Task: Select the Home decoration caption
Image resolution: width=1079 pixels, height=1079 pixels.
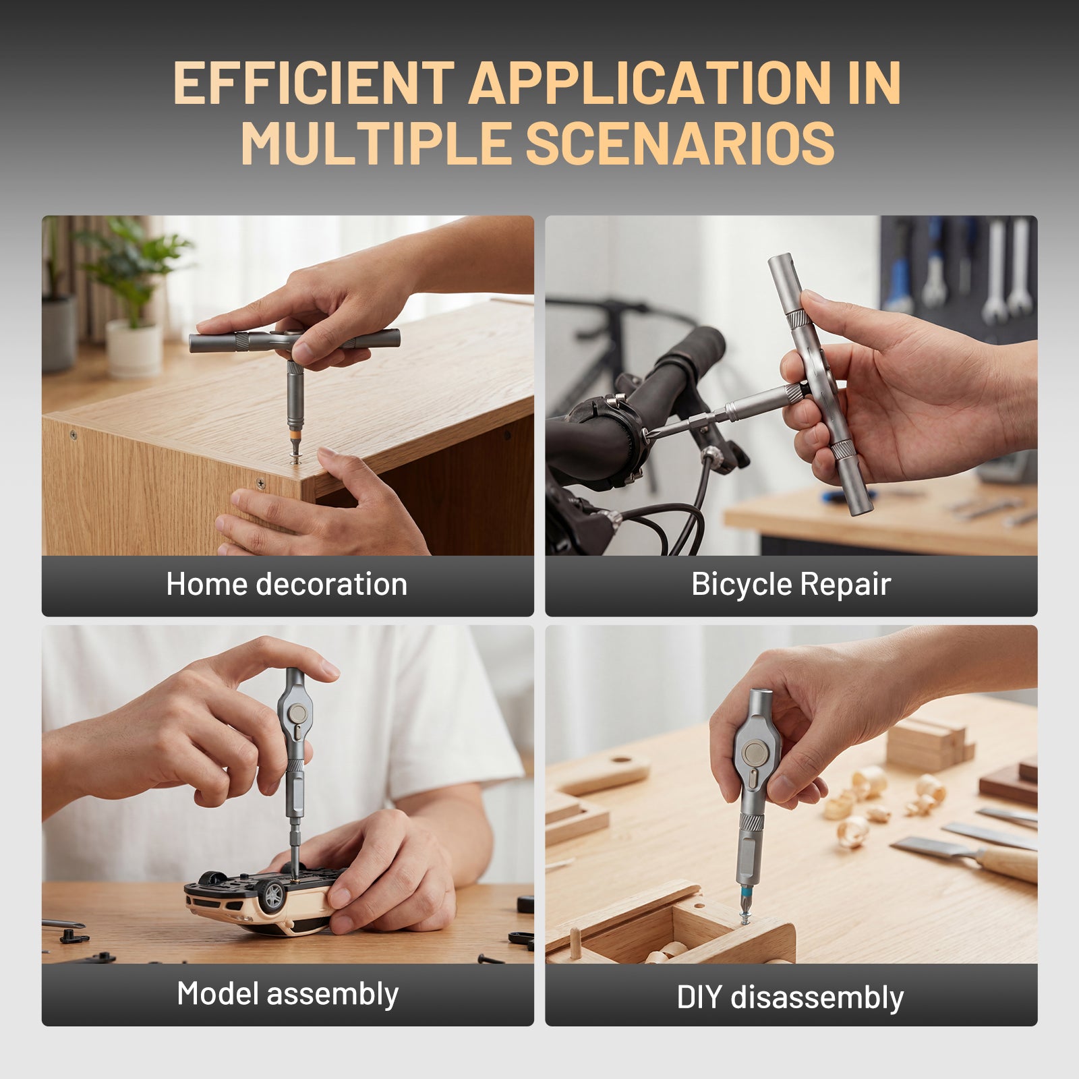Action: [x=287, y=584]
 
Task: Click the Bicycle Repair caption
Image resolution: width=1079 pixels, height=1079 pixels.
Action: [x=791, y=584]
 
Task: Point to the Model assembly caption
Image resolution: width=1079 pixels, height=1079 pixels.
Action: [x=288, y=993]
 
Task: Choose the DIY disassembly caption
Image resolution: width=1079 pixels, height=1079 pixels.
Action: [x=790, y=997]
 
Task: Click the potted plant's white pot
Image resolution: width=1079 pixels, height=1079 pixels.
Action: [x=134, y=347]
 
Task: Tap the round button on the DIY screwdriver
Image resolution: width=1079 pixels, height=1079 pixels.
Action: [x=756, y=753]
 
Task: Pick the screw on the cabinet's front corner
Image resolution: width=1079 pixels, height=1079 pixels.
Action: [x=260, y=483]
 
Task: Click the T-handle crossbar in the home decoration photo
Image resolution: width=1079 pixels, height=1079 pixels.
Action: [x=295, y=341]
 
